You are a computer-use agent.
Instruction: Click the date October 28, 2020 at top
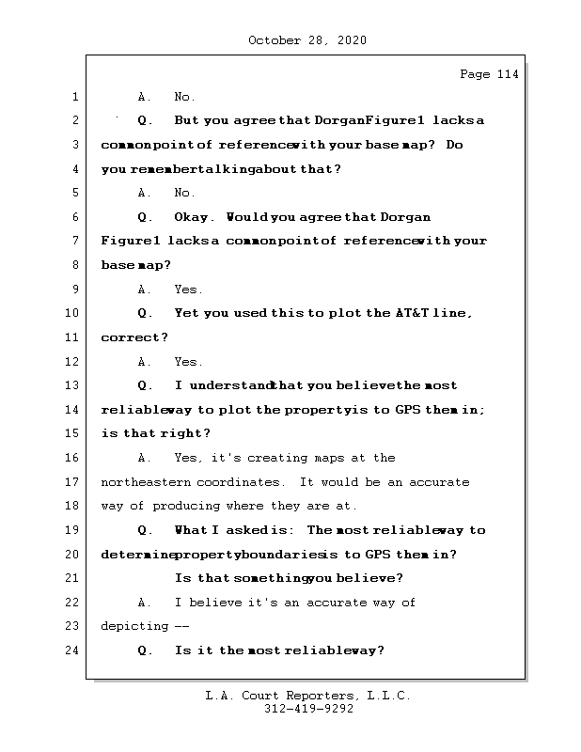click(x=307, y=40)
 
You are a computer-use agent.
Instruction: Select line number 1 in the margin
click(x=74, y=97)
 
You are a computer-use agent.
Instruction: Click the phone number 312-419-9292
click(x=308, y=711)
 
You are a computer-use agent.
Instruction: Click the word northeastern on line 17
click(x=146, y=482)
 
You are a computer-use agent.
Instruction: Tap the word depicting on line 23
click(x=134, y=626)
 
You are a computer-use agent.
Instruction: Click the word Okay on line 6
click(x=195, y=217)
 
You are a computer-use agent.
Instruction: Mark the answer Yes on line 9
click(x=188, y=290)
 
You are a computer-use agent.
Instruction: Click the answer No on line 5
click(x=184, y=193)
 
